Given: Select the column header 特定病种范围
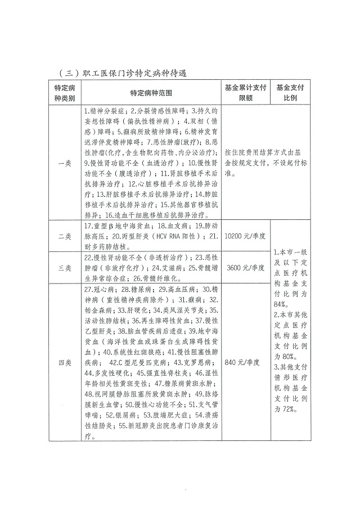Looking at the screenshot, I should coord(150,93).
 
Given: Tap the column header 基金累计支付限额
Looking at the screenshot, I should coord(245,93).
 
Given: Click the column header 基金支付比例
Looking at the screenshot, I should coord(290,93).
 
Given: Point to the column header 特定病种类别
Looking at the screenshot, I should coord(65,93).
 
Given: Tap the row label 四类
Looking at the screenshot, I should coord(65,363).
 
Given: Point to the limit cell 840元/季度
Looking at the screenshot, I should coord(245,363).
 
